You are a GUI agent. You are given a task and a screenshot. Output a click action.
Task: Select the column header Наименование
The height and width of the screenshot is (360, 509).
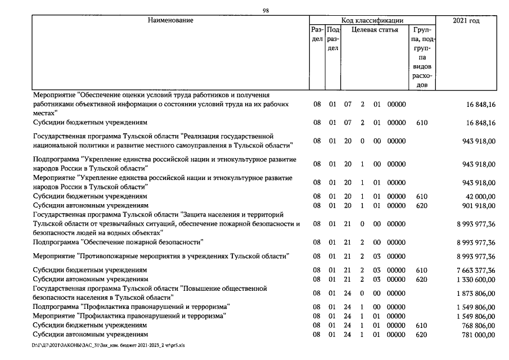click(x=170, y=21)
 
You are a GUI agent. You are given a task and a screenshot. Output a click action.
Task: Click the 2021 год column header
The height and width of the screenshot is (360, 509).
click(x=466, y=21)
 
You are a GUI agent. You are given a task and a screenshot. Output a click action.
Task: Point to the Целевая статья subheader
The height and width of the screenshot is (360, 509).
click(x=375, y=30)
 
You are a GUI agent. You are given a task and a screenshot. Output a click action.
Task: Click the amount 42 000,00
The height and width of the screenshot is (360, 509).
click(x=478, y=196)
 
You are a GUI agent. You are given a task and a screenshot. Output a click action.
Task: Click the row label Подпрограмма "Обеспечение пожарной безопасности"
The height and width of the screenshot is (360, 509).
click(x=118, y=242)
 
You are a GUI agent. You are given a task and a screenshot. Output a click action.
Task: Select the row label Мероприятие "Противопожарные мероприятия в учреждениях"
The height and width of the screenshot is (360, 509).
click(x=161, y=256)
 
